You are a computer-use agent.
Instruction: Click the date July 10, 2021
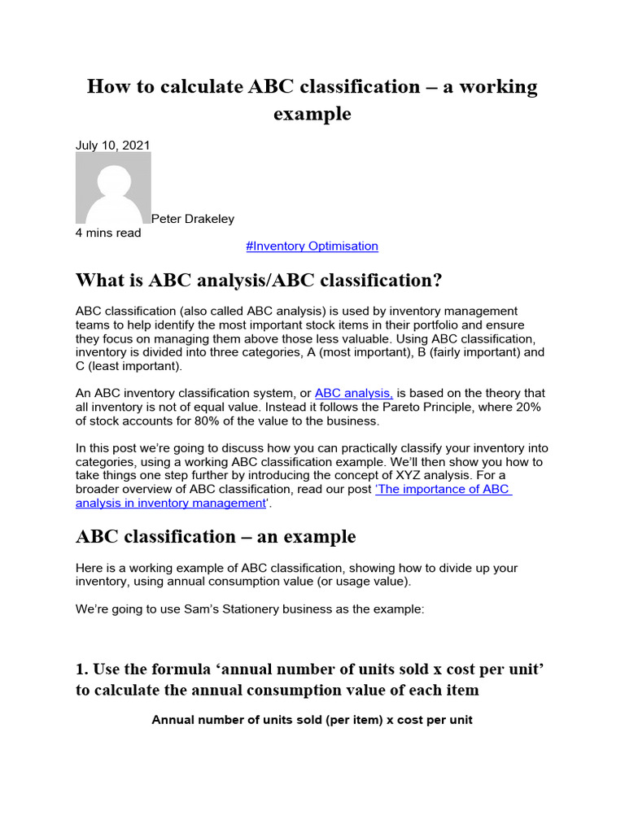[x=112, y=145]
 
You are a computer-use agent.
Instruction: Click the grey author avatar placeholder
[x=113, y=188]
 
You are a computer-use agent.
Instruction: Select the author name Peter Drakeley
[x=193, y=218]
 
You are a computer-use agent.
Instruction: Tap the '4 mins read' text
[x=108, y=233]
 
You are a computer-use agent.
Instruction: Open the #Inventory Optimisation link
[x=312, y=246]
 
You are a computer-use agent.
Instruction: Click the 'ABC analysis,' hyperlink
[x=353, y=393]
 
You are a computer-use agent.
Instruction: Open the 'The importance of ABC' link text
[x=443, y=489]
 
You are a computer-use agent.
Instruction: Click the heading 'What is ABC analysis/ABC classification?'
[x=259, y=281]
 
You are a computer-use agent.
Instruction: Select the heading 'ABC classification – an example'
[x=216, y=537]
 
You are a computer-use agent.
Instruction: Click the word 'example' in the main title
[x=312, y=114]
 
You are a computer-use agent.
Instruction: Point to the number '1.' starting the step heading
[x=82, y=669]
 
